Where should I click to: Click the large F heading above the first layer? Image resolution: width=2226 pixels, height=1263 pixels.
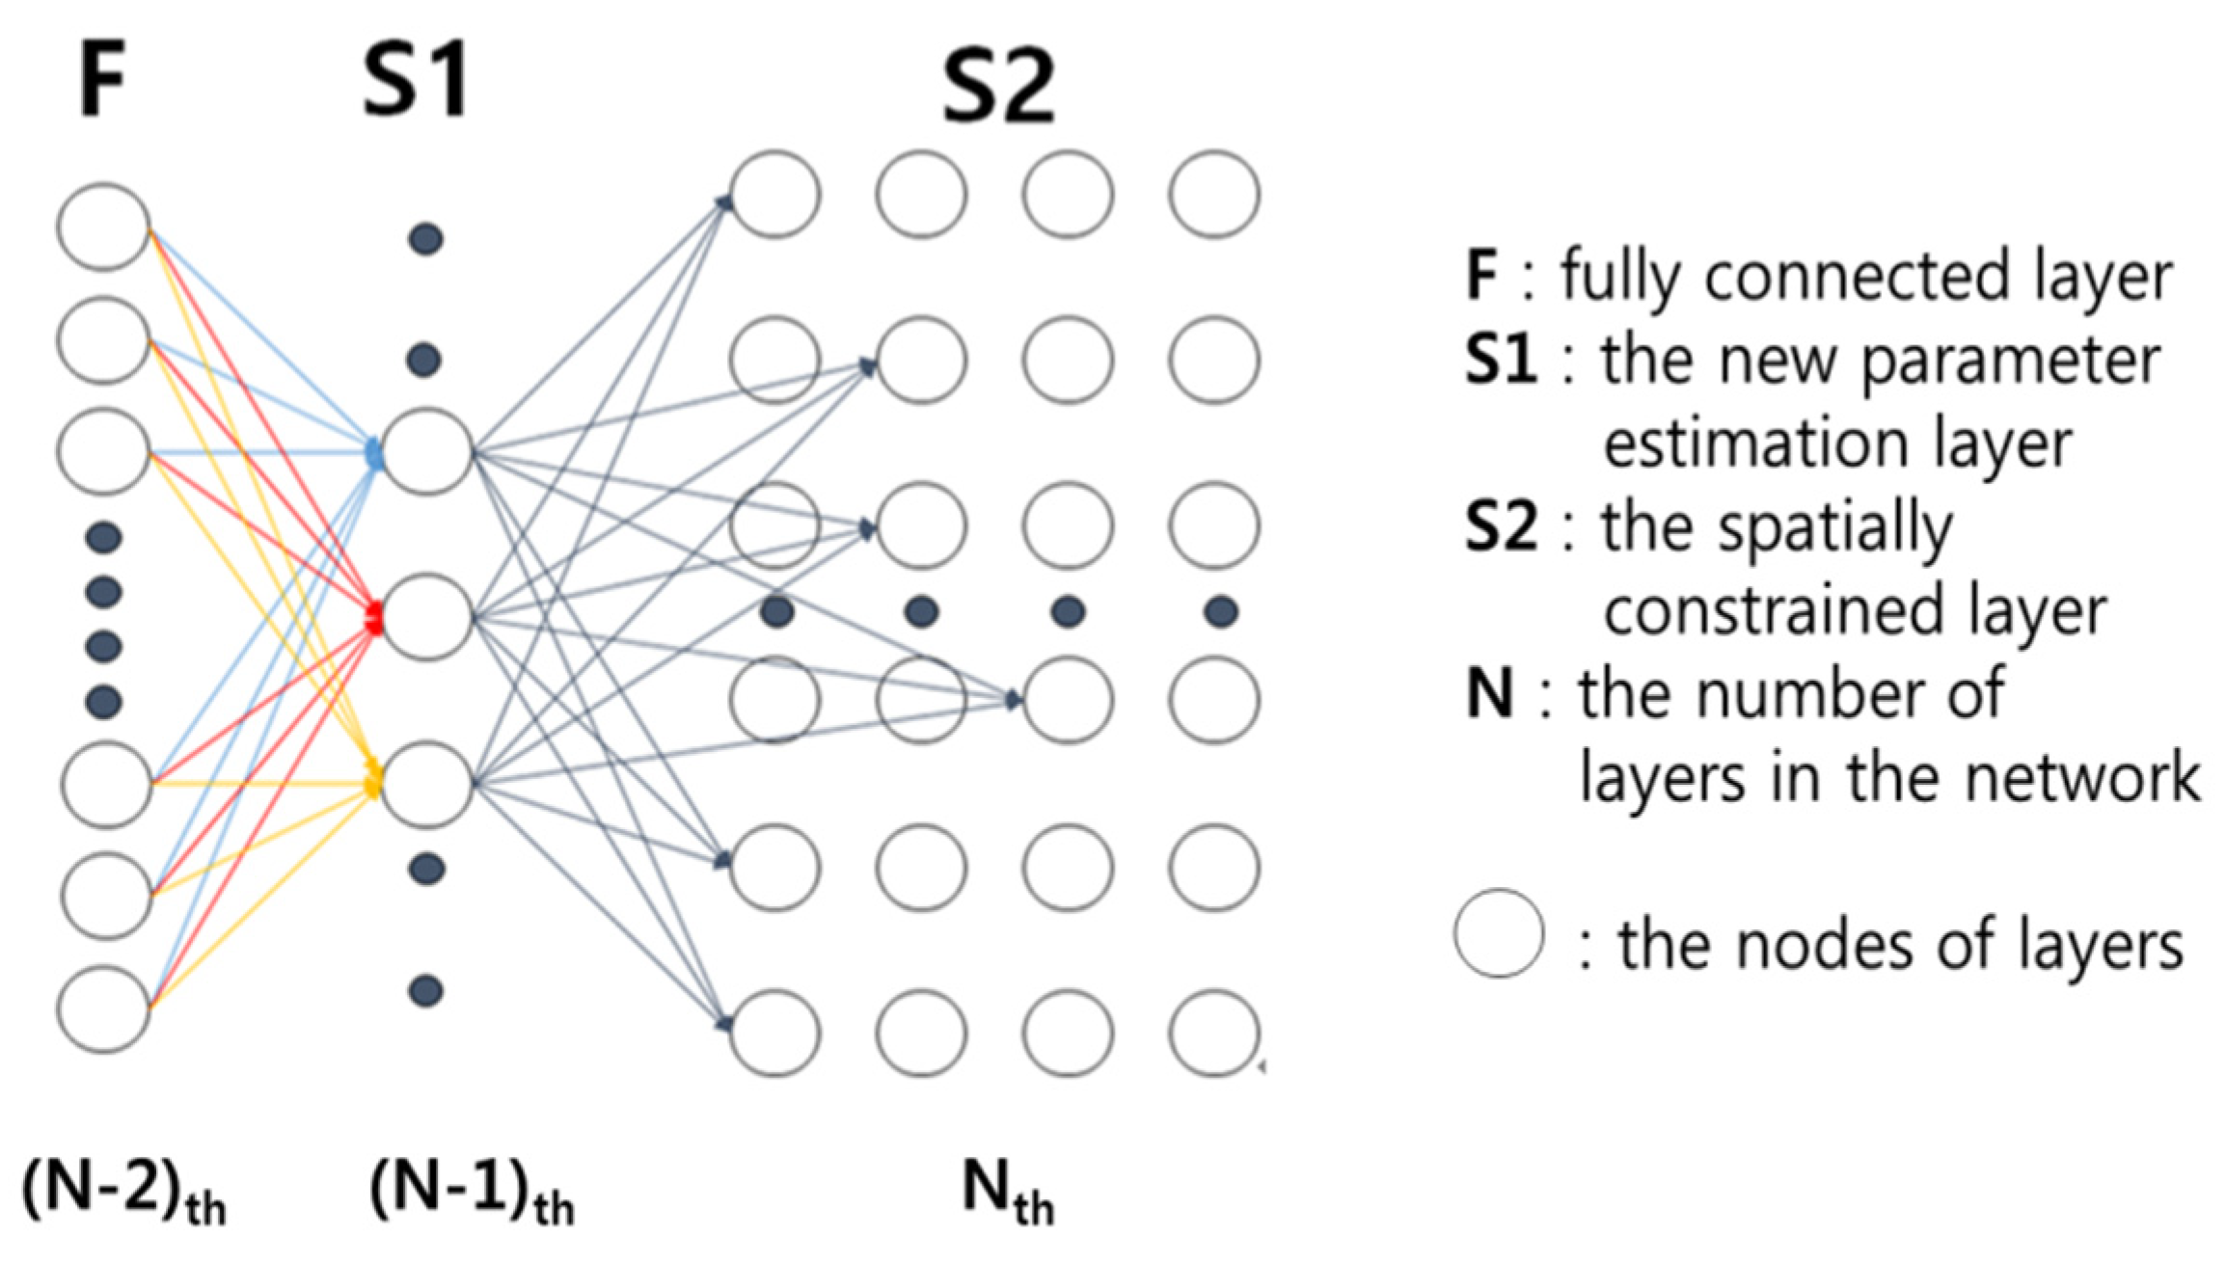[102, 85]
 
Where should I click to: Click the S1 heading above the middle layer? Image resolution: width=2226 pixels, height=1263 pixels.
[417, 85]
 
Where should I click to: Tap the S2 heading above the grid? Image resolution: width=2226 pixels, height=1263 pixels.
[998, 89]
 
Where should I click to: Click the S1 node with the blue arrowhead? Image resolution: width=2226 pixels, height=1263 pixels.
[427, 451]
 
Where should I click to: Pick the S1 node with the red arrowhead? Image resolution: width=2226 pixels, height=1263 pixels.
[427, 617]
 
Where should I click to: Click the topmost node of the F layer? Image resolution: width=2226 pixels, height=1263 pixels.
[103, 227]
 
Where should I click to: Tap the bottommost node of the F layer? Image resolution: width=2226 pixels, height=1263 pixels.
[103, 1008]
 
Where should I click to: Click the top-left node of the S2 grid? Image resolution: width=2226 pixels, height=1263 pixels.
[775, 194]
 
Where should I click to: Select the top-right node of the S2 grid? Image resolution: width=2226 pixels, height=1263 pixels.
[1213, 194]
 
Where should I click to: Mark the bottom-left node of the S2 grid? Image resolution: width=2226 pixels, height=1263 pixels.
[775, 1033]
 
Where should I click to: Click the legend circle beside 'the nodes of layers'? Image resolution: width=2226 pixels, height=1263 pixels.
[1498, 933]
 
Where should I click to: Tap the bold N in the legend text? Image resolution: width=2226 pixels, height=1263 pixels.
[1488, 693]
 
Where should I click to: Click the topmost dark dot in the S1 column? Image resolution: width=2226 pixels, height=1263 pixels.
[426, 238]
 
